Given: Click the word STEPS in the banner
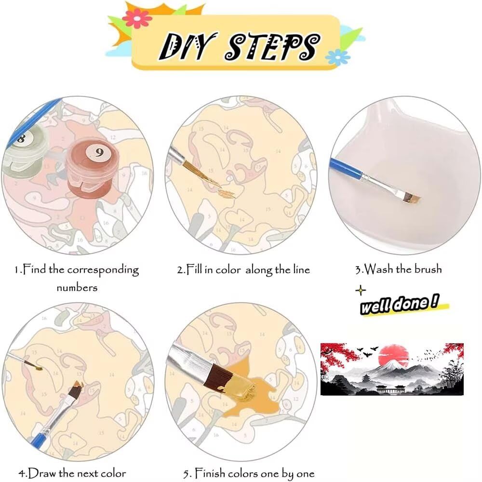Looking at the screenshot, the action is coord(272,46).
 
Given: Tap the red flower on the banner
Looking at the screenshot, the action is coord(137,18).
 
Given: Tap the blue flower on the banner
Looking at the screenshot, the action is coord(337,57).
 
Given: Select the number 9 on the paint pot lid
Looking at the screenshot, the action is coord(99,152).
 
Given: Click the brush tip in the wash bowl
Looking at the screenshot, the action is coord(411,198).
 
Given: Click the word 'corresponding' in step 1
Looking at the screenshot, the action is coord(103,270).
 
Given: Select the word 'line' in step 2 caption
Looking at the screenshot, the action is coord(301,269).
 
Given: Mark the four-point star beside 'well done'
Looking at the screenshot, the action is coord(361,290).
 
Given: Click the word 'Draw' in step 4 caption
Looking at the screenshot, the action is coord(42,473).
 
